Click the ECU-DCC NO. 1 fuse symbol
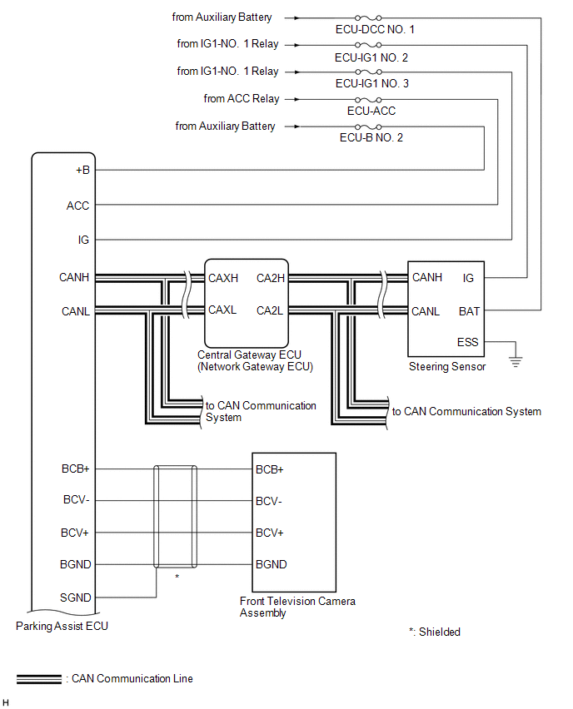click(x=368, y=18)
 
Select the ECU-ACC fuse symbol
click(x=368, y=100)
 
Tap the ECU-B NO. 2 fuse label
click(x=371, y=137)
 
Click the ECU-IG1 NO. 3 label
click(x=372, y=83)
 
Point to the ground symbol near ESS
click(x=516, y=361)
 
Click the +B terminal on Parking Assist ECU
click(x=82, y=170)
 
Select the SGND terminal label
click(x=76, y=597)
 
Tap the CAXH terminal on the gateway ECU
click(x=223, y=278)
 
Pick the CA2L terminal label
click(x=270, y=310)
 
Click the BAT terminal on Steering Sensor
click(x=469, y=311)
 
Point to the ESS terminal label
click(x=467, y=342)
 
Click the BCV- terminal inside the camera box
click(x=269, y=501)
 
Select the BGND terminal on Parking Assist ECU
click(x=76, y=564)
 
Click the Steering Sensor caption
click(x=447, y=366)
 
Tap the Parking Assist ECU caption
click(x=62, y=626)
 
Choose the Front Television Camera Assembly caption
click(x=297, y=607)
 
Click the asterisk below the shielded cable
click(x=177, y=577)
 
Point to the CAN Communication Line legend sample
click(x=39, y=679)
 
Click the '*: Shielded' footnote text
click(x=435, y=632)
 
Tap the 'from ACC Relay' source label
click(x=242, y=98)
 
